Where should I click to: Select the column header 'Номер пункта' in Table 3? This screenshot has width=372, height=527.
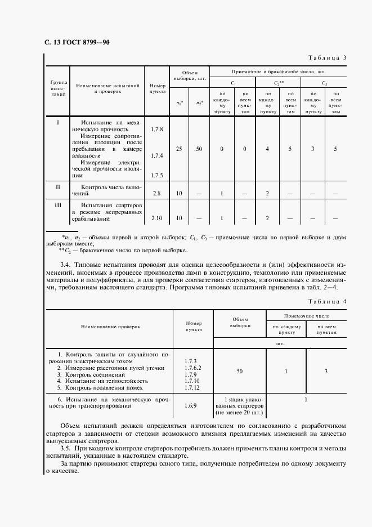click(x=158, y=87)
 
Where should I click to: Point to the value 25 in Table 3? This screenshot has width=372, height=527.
click(x=179, y=149)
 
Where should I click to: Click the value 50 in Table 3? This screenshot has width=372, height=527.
click(x=199, y=149)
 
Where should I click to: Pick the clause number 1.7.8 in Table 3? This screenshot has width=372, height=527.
click(x=157, y=129)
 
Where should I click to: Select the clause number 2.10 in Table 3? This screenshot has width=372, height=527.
click(x=157, y=218)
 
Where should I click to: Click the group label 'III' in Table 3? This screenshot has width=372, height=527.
click(x=57, y=206)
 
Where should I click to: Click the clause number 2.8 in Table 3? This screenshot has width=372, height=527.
click(x=157, y=194)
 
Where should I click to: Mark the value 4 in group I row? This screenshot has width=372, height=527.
click(x=267, y=149)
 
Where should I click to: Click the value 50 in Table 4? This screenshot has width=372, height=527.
click(x=240, y=371)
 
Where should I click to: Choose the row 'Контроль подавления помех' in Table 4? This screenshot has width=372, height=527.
click(x=104, y=387)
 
